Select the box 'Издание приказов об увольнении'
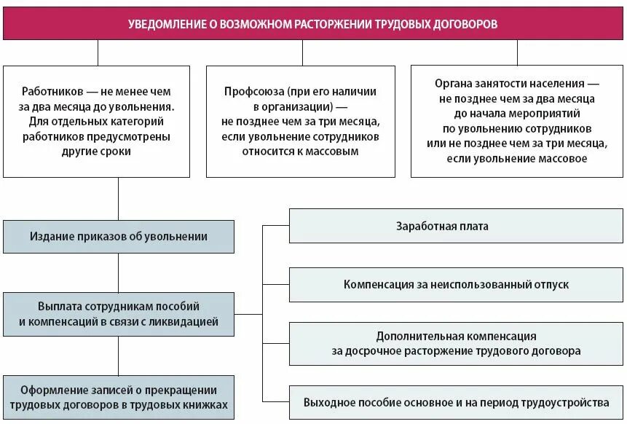(119, 237)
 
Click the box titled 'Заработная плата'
(442, 226)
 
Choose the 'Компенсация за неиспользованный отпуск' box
(457, 284)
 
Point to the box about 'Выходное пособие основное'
(457, 402)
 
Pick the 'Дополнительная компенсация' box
(457, 343)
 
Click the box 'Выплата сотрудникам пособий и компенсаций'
(119, 314)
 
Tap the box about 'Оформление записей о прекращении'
(119, 398)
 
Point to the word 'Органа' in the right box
(452, 85)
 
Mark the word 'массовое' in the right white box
(562, 159)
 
